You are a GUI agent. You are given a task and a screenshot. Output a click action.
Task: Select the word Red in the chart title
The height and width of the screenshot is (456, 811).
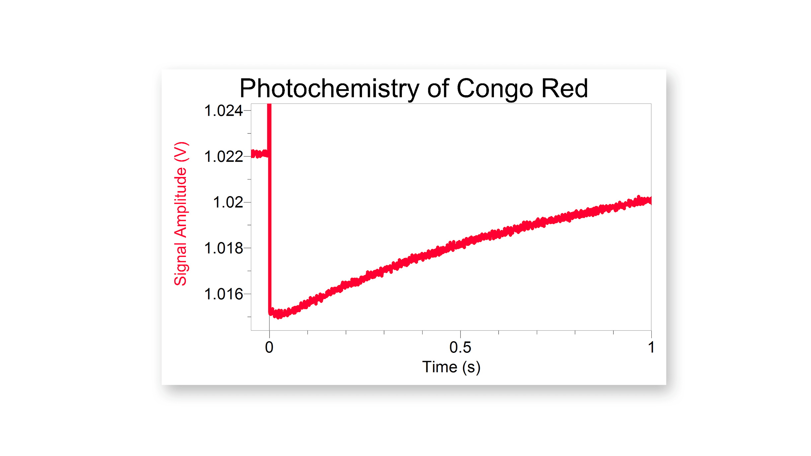point(564,88)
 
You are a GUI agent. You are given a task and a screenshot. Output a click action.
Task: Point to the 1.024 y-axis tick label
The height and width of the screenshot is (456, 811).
point(223,111)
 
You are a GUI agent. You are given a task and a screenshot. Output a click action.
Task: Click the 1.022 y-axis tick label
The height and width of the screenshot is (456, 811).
point(223,157)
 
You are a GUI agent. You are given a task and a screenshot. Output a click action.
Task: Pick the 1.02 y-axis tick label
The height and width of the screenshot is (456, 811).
point(228,202)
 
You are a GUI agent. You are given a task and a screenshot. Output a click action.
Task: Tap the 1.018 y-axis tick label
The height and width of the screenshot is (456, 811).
point(223,248)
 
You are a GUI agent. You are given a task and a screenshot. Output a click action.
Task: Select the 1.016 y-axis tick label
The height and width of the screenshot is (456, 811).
point(223,294)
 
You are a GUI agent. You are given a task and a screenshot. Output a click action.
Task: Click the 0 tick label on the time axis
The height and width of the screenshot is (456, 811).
point(269,347)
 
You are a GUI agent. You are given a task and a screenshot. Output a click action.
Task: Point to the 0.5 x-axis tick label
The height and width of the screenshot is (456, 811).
point(460,347)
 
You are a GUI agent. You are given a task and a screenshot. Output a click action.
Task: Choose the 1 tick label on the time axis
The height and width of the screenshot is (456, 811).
point(651,347)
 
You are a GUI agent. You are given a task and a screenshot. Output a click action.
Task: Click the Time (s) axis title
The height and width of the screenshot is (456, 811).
point(451,367)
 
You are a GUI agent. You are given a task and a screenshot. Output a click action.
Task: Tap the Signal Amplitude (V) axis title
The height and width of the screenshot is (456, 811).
point(181,214)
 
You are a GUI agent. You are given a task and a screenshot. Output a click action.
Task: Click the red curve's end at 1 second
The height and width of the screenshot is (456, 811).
point(650,200)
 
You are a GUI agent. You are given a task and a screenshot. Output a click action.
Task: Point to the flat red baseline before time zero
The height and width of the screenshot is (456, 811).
point(259,154)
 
